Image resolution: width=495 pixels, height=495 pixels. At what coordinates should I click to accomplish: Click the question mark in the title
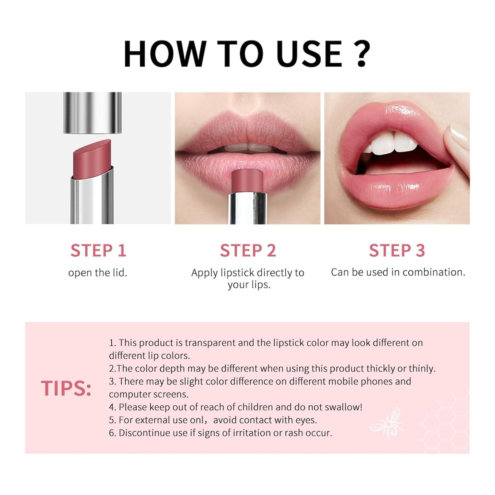(359, 53)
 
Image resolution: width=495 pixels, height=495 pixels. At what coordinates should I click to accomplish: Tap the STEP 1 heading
(98, 250)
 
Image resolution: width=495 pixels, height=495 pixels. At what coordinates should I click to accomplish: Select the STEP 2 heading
(248, 250)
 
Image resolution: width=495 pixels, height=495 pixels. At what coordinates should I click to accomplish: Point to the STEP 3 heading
(397, 250)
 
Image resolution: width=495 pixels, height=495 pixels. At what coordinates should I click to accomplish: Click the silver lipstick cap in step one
(92, 112)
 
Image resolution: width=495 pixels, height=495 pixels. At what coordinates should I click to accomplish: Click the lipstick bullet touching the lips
(247, 182)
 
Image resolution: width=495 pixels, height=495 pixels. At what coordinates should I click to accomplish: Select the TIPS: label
(66, 388)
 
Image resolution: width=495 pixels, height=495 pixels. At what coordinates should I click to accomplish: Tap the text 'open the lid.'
(98, 273)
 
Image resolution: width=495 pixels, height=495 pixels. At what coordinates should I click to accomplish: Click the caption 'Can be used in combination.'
(398, 272)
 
